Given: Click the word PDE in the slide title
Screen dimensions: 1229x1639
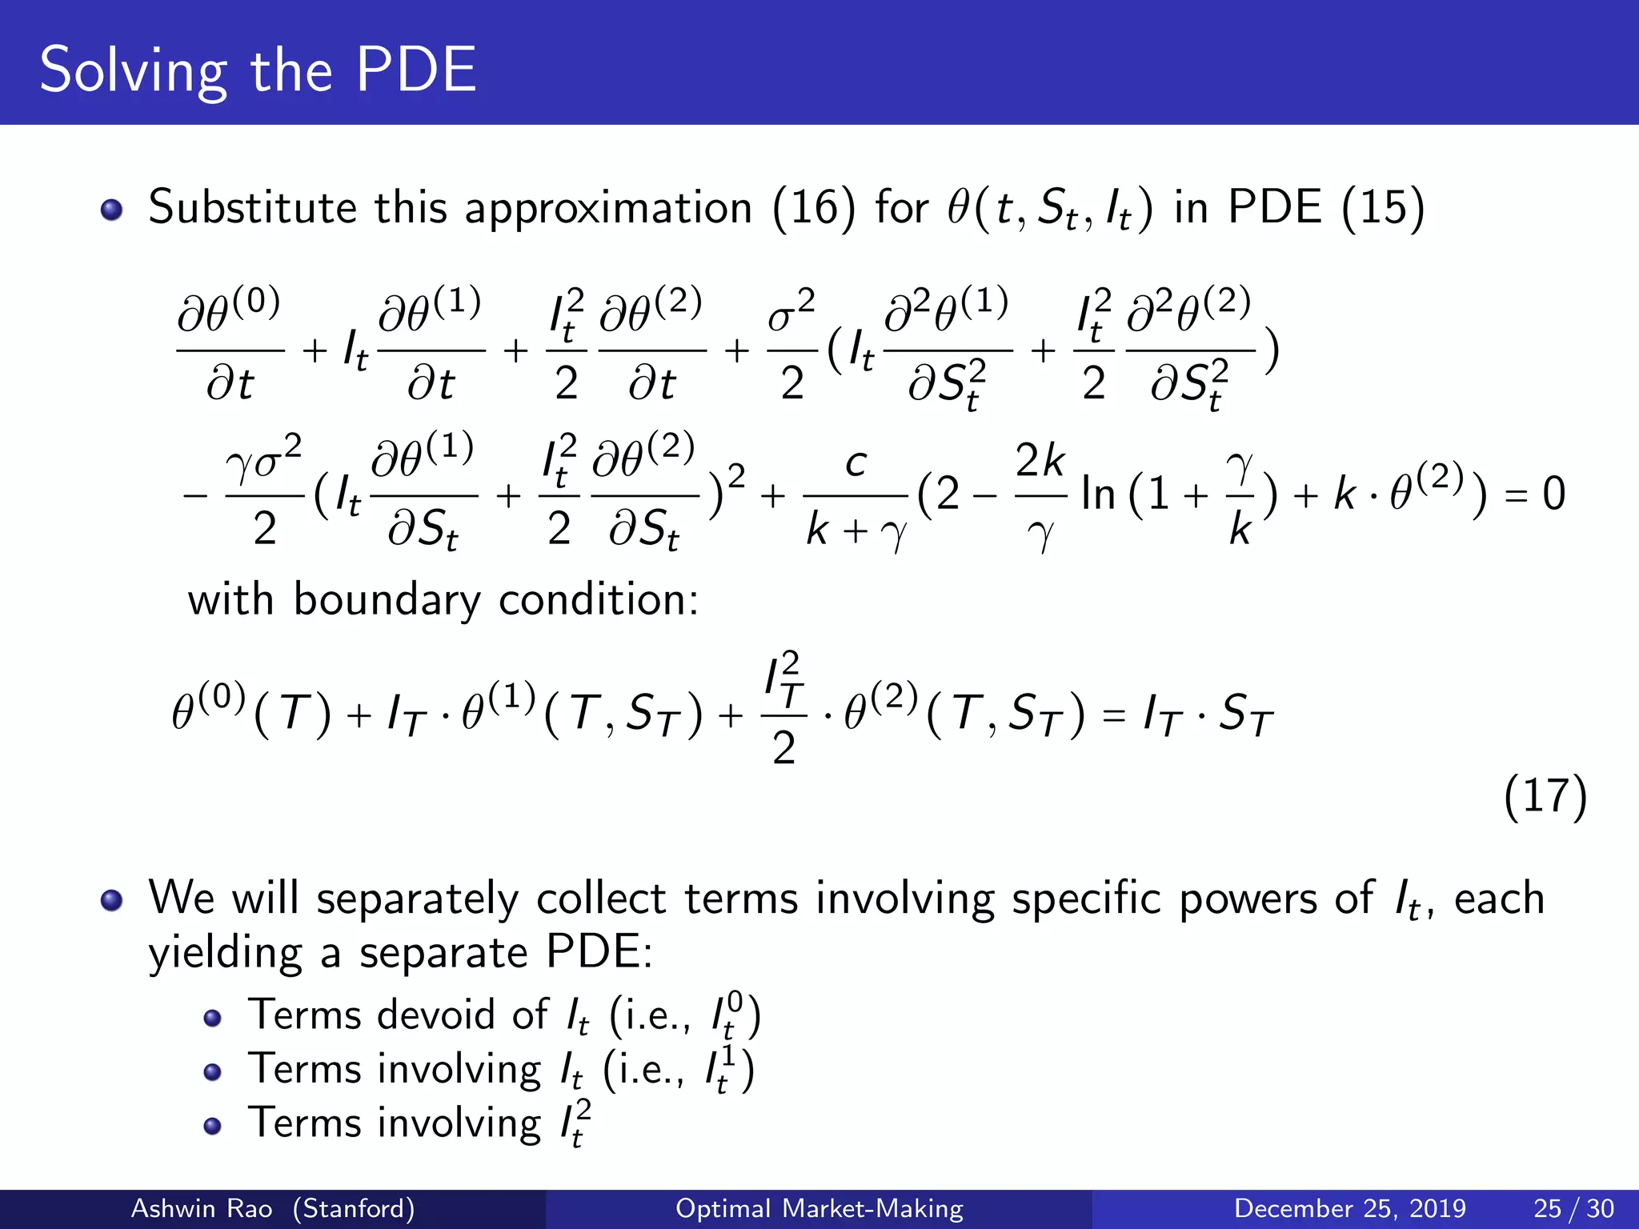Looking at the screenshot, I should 416,70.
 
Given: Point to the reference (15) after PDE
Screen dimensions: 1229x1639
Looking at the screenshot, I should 1383,208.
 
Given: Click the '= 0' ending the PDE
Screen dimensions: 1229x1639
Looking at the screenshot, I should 1535,494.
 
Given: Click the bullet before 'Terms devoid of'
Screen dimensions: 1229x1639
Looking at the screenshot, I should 212,1018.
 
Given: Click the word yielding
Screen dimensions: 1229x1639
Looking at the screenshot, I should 225,954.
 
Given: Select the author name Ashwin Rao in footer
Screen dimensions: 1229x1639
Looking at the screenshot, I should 202,1208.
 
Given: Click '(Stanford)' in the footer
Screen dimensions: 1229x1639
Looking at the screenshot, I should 353,1208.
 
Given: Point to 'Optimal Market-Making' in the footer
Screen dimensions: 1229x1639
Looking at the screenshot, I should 819,1208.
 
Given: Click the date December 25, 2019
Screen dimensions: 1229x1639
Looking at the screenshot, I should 1350,1208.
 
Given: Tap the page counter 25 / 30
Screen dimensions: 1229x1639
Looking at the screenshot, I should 1573,1208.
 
